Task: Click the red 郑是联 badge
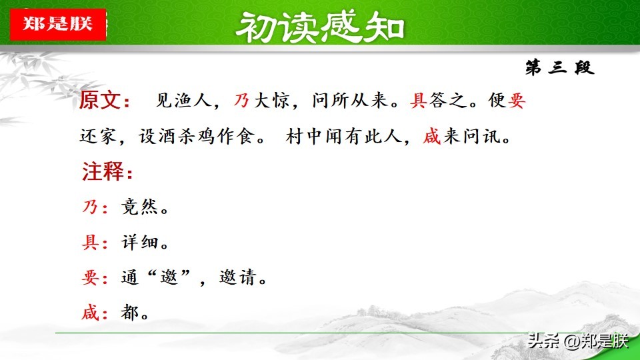(58, 25)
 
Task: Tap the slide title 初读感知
(320, 27)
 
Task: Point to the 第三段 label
(559, 67)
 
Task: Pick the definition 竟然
(139, 207)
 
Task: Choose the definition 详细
(139, 243)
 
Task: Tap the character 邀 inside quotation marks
(169, 277)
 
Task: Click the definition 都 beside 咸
(130, 313)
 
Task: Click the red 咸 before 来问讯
(432, 136)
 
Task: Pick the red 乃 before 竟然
(90, 207)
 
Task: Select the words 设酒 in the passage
(157, 136)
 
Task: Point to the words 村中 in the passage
(305, 136)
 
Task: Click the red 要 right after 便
(516, 101)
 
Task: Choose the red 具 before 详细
(90, 243)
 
